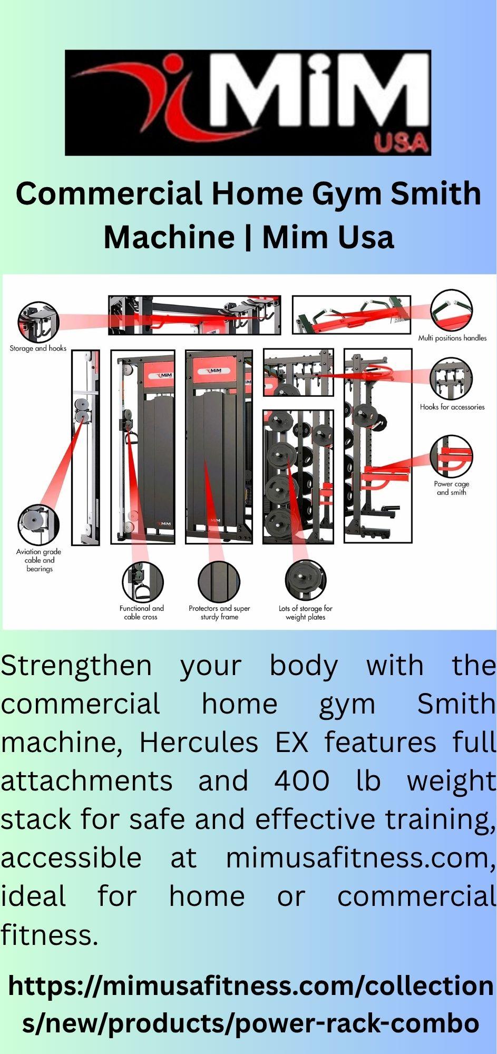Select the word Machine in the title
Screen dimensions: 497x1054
pos(169,237)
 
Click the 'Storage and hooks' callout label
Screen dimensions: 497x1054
pos(38,348)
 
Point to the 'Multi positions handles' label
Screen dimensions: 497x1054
pos(452,338)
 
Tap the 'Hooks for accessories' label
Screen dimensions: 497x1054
pos(452,407)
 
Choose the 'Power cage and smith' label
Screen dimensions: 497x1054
pos(451,488)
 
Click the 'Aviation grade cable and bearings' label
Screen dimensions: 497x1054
pos(39,560)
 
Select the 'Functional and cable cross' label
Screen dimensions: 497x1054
pos(141,612)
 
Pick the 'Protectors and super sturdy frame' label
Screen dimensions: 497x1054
pos(219,612)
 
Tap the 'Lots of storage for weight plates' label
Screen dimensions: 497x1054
pos(306,612)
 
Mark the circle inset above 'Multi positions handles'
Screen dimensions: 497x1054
pos(452,310)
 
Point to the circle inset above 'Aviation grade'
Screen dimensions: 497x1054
pos(38,524)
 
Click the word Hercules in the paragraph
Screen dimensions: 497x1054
pos(199,743)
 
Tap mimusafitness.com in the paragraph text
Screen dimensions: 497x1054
pos(361,858)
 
